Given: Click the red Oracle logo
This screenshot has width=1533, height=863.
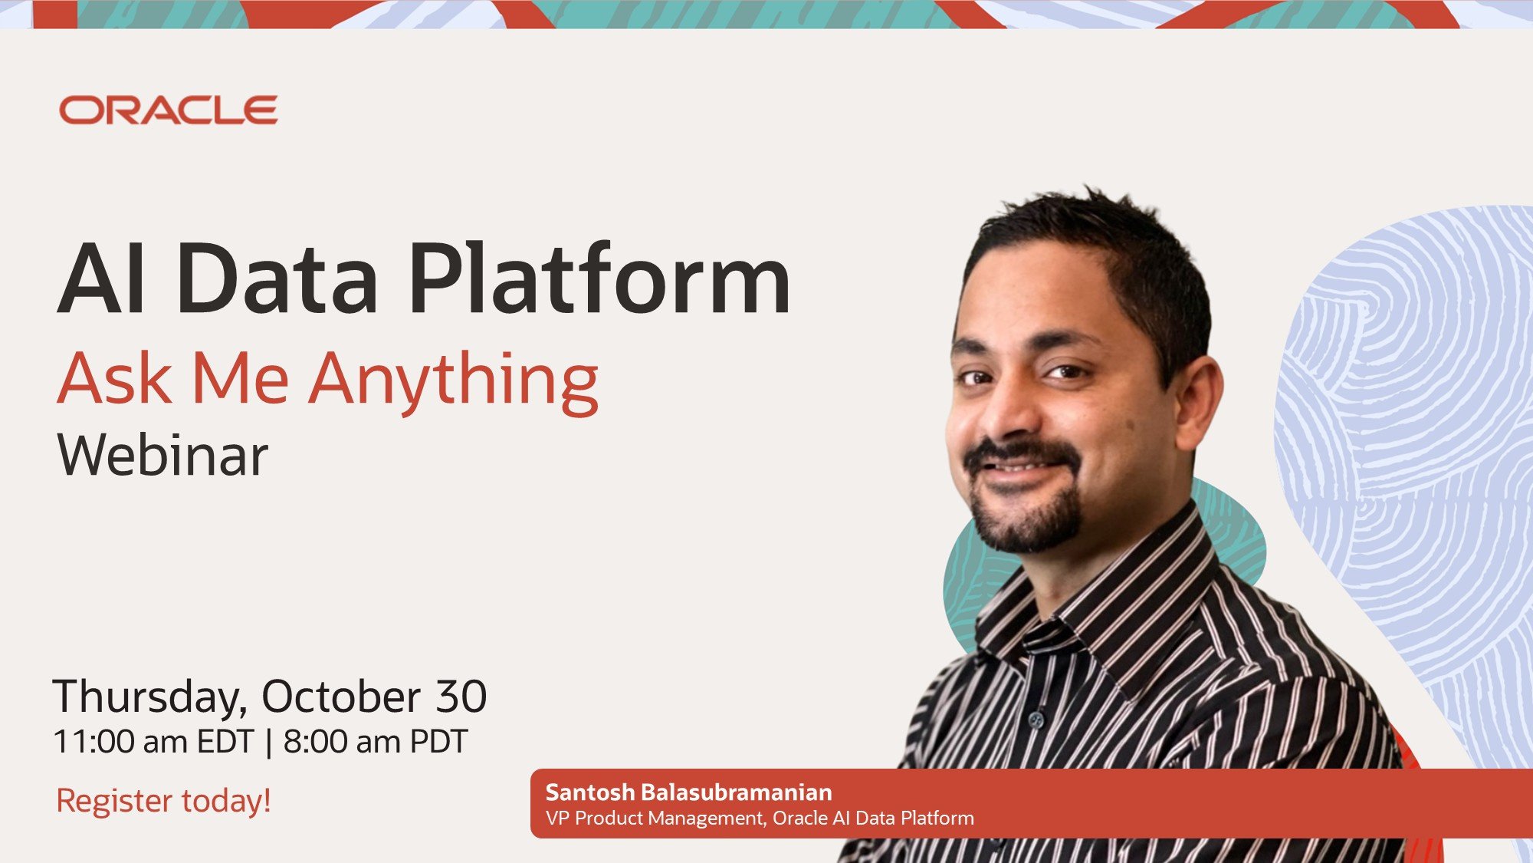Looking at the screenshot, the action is (x=169, y=110).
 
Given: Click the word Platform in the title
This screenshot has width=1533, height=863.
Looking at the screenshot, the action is (x=599, y=278).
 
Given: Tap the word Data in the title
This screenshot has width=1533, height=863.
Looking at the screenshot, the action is (x=277, y=278).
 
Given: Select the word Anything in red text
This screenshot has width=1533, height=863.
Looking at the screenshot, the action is (x=453, y=381).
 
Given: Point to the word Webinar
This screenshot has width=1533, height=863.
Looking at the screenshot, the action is (x=162, y=455).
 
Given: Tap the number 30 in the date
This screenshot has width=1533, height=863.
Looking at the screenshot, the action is (x=461, y=697).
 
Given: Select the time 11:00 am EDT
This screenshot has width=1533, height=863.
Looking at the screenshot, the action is (x=153, y=742).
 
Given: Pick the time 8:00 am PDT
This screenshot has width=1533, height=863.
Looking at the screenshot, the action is (x=376, y=742).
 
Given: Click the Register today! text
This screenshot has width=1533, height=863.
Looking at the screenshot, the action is (x=163, y=801).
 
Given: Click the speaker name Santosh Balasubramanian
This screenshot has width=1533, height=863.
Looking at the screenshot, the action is (x=688, y=792).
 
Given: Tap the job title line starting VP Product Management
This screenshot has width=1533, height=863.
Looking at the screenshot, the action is (x=760, y=819).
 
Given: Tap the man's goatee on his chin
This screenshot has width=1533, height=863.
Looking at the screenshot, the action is (x=1027, y=518).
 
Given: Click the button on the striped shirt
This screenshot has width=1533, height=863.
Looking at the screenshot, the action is (x=1036, y=720).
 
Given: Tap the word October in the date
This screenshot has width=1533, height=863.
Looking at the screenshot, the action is (x=341, y=697).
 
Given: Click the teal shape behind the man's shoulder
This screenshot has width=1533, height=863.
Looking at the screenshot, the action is (x=1234, y=529).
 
